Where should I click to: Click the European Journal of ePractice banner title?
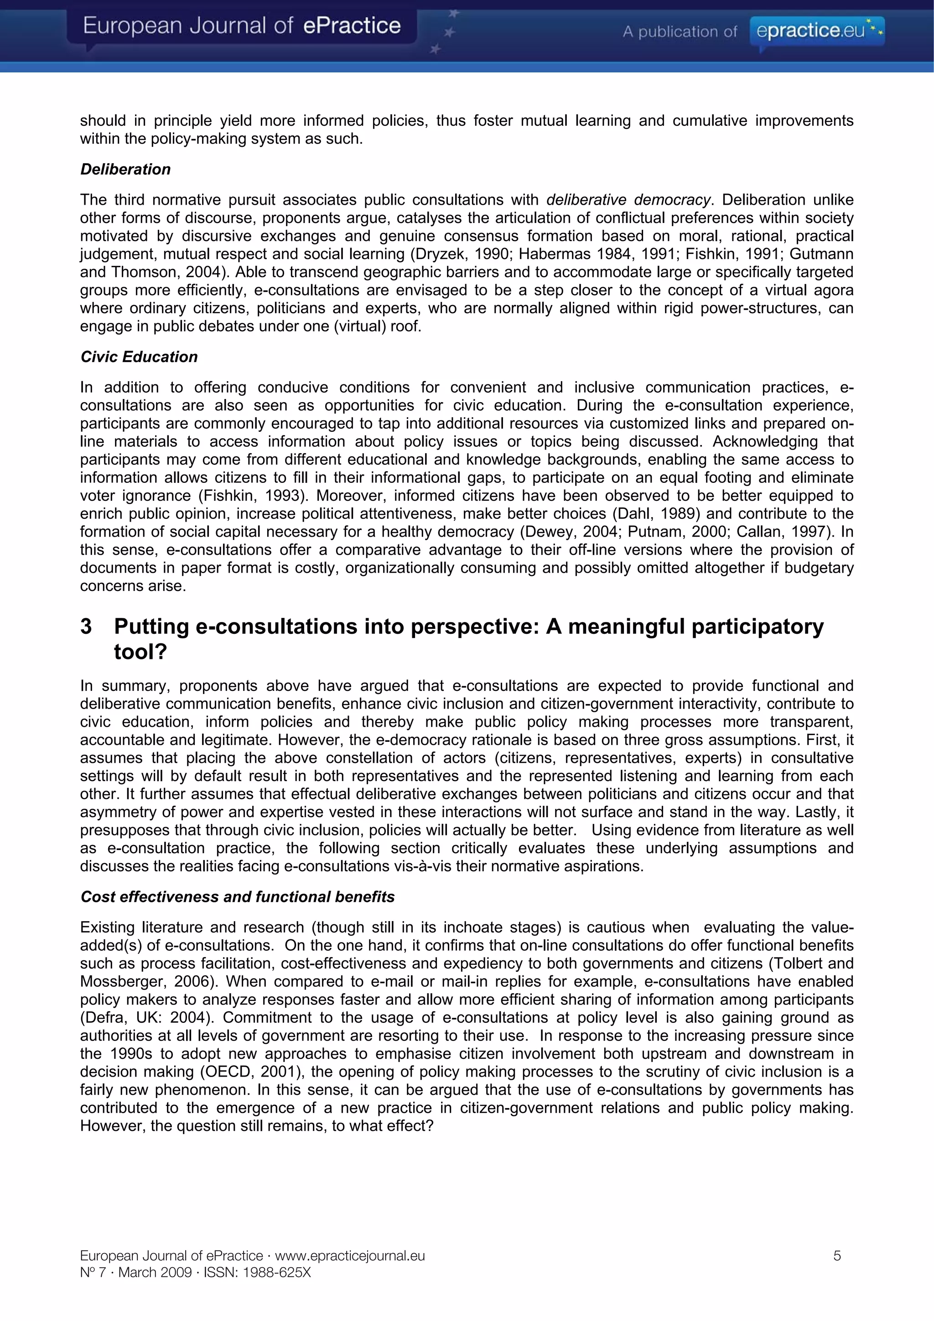(x=242, y=26)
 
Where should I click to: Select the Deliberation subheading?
(x=125, y=169)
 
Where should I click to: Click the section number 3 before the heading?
(x=86, y=627)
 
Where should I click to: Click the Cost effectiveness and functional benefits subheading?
(x=237, y=897)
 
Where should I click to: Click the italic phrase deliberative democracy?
(x=628, y=200)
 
